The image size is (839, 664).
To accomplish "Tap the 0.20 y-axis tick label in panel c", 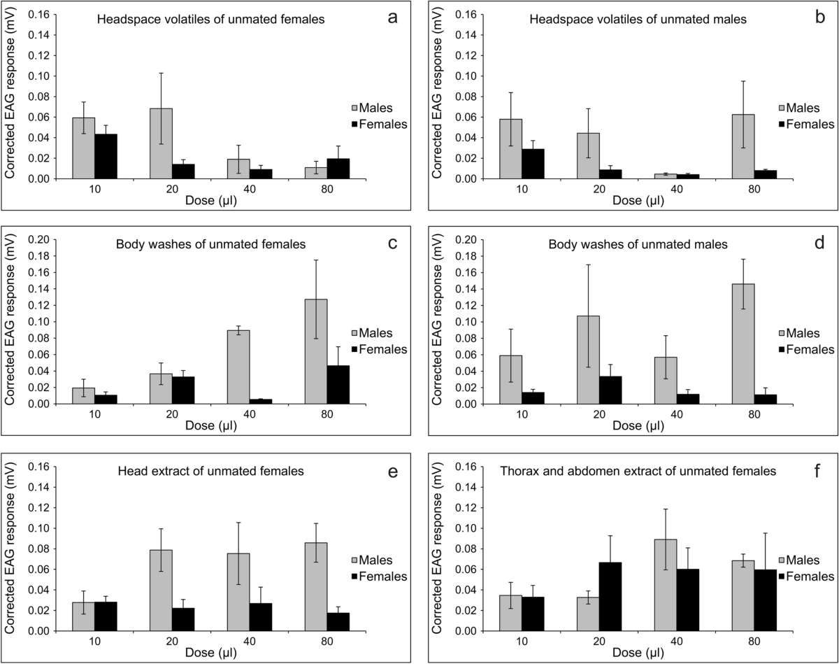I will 38,240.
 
